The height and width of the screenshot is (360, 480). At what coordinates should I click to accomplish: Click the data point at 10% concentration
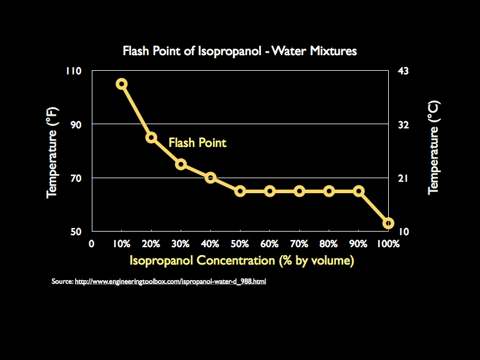121,84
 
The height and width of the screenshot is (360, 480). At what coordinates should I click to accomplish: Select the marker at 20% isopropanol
151,137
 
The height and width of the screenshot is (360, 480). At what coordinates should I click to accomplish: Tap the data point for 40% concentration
211,178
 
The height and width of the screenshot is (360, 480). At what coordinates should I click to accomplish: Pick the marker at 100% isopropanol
388,223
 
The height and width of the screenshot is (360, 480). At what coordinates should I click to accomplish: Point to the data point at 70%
299,191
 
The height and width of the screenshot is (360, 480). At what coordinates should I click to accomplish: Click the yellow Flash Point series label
197,143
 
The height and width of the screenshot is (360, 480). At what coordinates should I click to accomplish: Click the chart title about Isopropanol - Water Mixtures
239,51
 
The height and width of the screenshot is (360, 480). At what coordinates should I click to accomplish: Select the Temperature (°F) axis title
52,151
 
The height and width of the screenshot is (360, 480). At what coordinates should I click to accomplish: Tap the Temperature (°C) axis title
433,148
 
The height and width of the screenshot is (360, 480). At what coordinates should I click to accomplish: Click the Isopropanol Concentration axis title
241,260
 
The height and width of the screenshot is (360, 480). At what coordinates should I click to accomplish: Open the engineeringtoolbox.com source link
170,281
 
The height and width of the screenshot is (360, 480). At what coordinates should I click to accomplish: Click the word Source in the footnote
62,281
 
